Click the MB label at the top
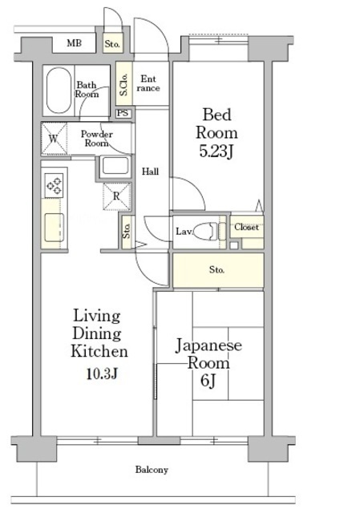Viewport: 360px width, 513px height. point(73,43)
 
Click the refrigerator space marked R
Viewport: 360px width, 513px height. point(117,195)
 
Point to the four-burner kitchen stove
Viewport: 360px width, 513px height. point(55,185)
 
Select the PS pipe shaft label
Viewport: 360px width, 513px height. point(123,113)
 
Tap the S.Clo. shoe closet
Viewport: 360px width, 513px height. point(124,83)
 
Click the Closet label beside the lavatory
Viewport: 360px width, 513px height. point(246,228)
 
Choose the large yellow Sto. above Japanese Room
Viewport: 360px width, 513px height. point(217,270)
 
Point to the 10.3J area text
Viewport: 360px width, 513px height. point(103,374)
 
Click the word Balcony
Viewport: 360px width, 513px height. point(151,470)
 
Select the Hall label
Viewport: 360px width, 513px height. point(150,172)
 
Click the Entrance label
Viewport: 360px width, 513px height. point(149,83)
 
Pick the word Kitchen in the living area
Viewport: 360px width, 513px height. point(99,351)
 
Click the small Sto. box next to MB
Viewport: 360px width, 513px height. point(113,43)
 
